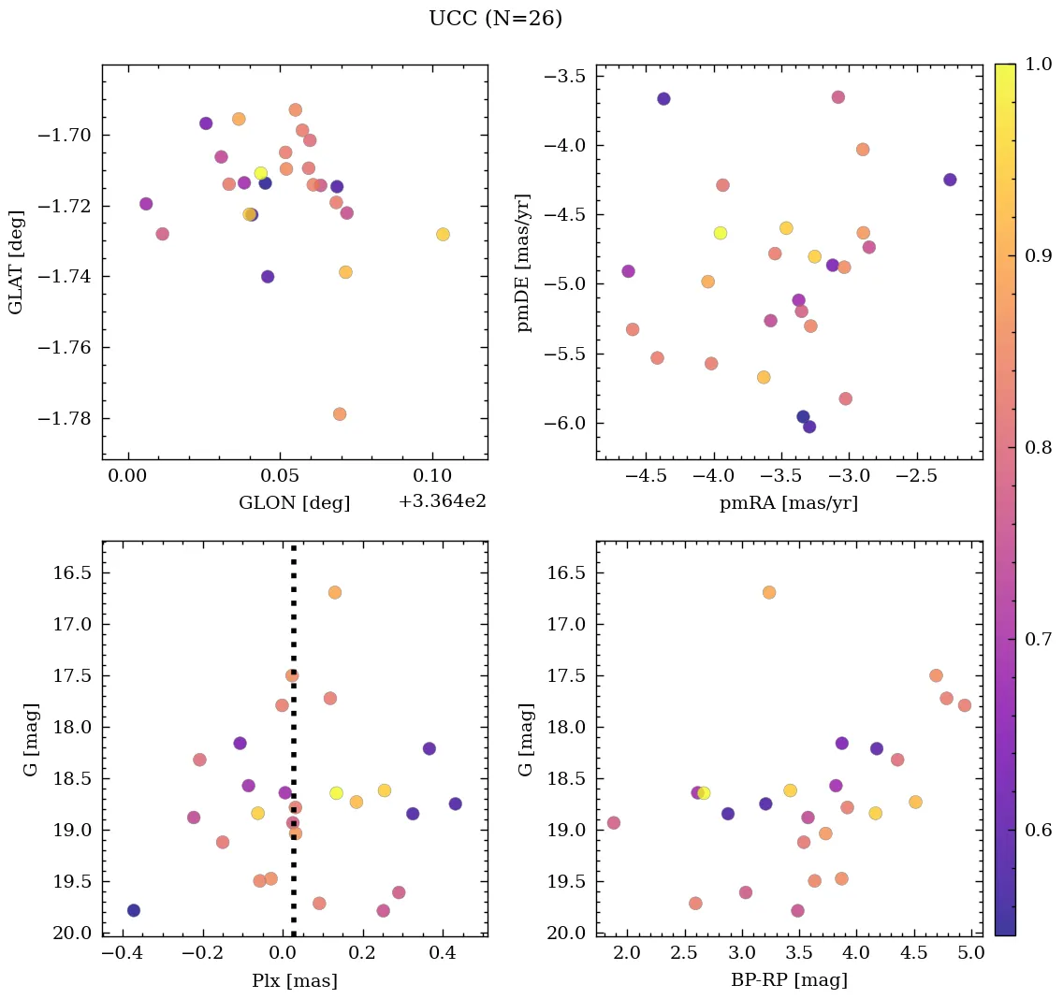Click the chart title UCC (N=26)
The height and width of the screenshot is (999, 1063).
495,19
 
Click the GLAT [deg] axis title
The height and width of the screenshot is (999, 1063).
16,261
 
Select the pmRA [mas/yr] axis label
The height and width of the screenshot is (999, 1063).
788,503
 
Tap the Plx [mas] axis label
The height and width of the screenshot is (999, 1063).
294,980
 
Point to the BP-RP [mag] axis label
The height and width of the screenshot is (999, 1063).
789,980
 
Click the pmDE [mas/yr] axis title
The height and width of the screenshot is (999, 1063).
524,262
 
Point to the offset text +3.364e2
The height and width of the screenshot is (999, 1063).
442,502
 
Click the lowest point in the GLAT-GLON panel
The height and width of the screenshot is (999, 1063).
340,414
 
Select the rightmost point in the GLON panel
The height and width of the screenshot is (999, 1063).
443,235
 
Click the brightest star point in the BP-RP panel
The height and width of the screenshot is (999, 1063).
769,592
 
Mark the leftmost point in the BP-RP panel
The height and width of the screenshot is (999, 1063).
614,823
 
